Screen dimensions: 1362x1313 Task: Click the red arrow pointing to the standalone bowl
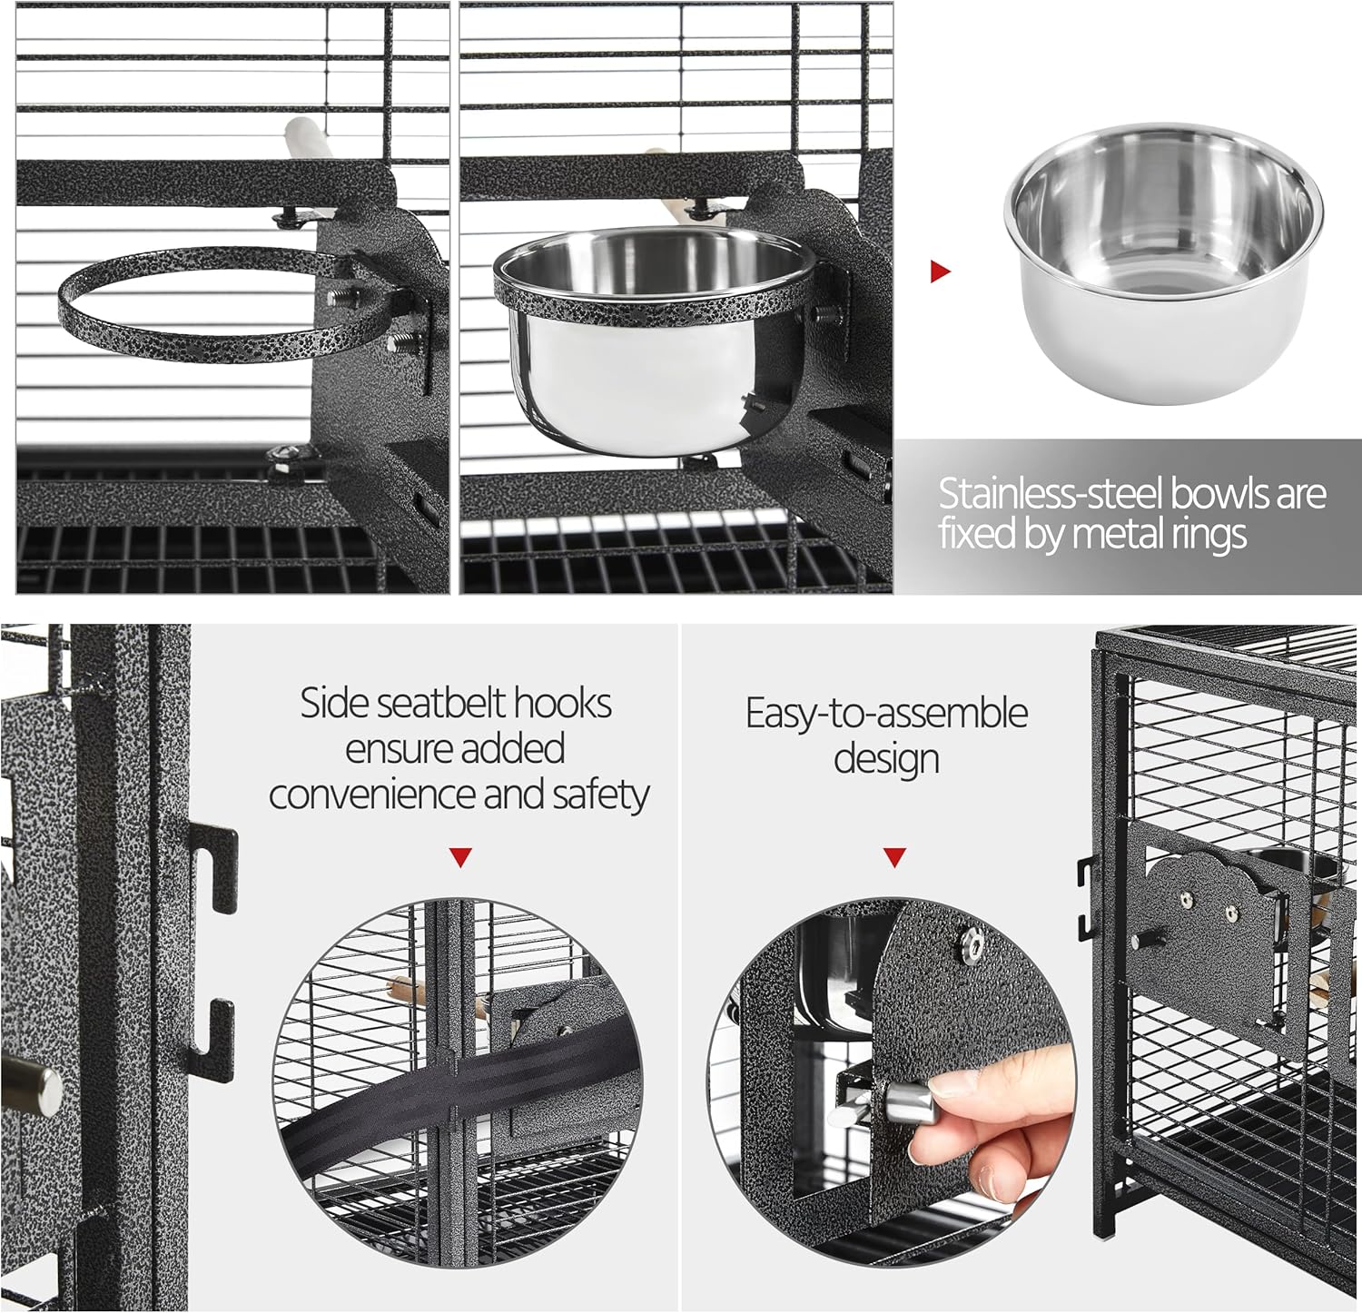[941, 271]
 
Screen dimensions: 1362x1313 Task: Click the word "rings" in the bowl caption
[1205, 535]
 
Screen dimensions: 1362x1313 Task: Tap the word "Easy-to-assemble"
[886, 714]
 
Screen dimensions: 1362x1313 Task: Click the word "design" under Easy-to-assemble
[886, 760]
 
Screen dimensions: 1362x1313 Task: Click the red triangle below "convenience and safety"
[461, 857]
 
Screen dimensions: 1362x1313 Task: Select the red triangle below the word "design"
[894, 857]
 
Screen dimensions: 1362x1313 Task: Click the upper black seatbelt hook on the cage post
[216, 867]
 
